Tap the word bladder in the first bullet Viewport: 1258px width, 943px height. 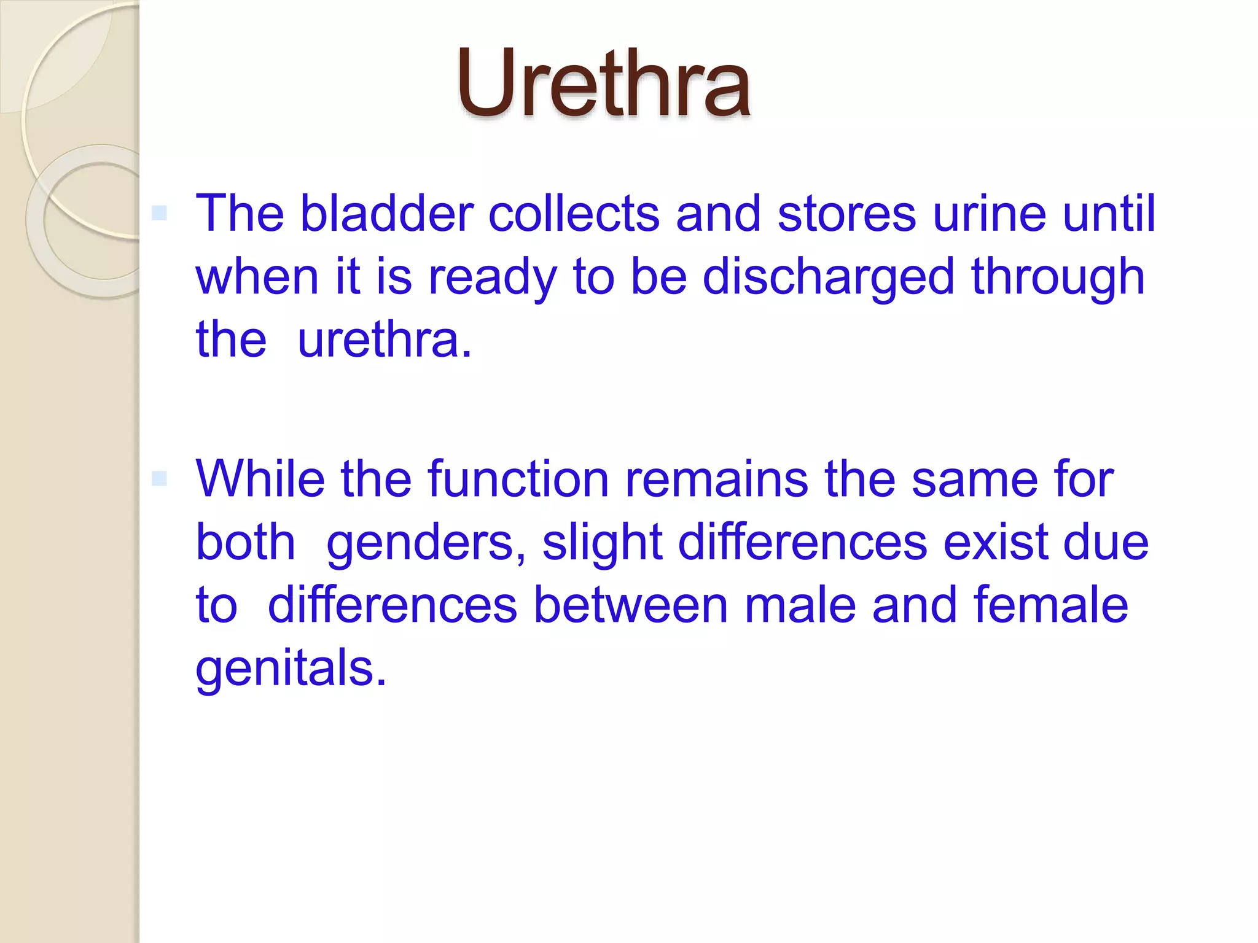tap(386, 214)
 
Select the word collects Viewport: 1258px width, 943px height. tap(574, 214)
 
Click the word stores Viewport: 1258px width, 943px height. tap(847, 214)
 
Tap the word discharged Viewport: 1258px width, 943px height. tap(829, 277)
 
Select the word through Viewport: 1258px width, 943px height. tap(1058, 277)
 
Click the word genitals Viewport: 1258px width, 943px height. tap(291, 669)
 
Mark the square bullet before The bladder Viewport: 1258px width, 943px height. tap(159, 213)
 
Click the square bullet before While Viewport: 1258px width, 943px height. tap(159, 478)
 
